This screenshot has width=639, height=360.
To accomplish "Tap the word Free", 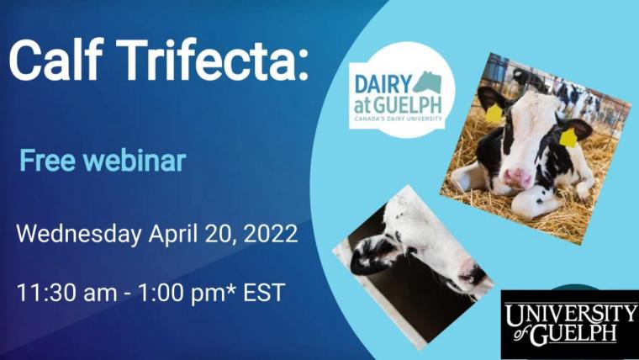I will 46,160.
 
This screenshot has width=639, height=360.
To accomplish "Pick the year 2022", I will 269,234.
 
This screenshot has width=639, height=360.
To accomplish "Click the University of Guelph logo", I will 570,324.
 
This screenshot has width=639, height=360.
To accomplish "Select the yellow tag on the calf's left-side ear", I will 494,113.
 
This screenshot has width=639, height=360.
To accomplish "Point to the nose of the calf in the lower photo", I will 470,273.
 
